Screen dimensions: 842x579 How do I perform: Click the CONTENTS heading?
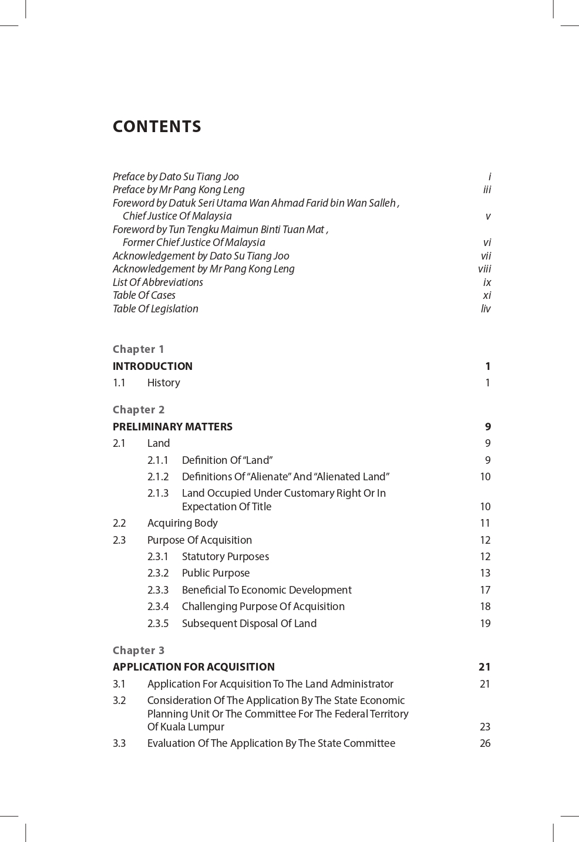(x=157, y=127)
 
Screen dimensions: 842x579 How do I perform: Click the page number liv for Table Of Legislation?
(x=486, y=309)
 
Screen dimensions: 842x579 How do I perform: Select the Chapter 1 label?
(x=139, y=349)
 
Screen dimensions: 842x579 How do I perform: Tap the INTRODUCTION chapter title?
(x=153, y=366)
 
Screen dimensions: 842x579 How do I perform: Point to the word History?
(x=163, y=383)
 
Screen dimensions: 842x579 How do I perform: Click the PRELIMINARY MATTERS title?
(x=173, y=427)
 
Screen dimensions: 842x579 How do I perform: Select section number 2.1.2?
(x=158, y=477)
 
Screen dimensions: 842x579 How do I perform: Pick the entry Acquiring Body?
(x=182, y=523)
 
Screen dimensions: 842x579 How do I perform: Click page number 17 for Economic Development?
(x=485, y=590)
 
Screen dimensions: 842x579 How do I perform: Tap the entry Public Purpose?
(x=216, y=573)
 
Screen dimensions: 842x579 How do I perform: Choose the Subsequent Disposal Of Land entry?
(x=249, y=624)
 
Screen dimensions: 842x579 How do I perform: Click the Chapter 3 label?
(x=139, y=651)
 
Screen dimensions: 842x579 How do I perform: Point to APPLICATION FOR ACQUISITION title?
(x=194, y=667)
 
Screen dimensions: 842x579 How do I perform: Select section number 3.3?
(x=119, y=743)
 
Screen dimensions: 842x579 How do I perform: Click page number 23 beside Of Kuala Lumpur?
(x=485, y=727)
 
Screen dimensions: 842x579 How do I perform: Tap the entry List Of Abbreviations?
(x=158, y=282)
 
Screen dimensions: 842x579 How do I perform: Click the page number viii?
(x=484, y=269)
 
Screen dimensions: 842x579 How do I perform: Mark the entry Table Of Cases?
(x=144, y=295)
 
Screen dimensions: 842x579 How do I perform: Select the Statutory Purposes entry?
(x=225, y=557)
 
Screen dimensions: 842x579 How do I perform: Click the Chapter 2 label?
(x=139, y=410)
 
